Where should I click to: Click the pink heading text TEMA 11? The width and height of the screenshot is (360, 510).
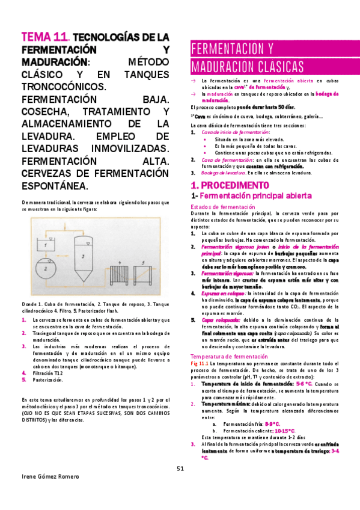[x=43, y=37]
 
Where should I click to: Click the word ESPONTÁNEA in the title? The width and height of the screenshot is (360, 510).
[x=54, y=185]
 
